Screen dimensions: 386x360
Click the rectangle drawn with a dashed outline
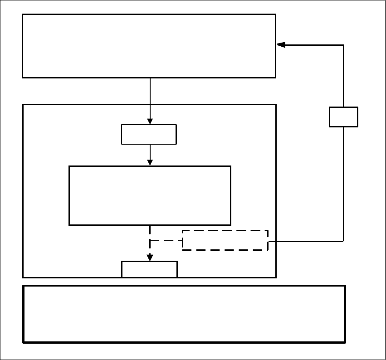pos(225,240)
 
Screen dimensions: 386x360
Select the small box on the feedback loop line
pos(343,117)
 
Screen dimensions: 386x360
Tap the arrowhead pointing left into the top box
pos(281,45)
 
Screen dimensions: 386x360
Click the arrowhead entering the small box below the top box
pos(150,121)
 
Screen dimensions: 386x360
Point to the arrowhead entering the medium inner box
pos(150,162)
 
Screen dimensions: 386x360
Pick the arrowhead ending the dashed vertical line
pos(150,258)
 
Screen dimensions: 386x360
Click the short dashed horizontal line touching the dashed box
pos(166,241)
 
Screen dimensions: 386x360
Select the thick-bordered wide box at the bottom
pos(184,314)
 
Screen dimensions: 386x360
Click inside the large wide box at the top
pos(149,46)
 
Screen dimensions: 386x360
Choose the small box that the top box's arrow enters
pos(149,134)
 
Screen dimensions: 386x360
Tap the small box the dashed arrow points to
pos(149,269)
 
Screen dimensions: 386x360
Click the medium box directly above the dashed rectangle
pos(150,195)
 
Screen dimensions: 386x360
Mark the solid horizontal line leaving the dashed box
pos(306,241)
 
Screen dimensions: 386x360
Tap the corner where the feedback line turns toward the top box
pos(343,45)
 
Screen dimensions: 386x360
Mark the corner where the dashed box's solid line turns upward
pos(343,241)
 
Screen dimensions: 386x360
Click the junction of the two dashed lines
pos(150,241)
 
